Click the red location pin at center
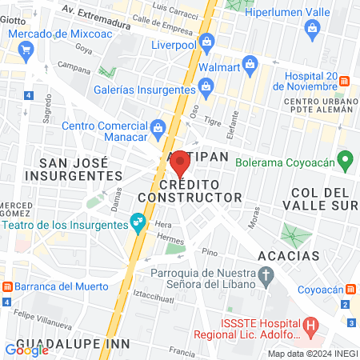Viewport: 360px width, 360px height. pos(180,162)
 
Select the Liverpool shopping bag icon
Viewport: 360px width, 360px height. pos(206,40)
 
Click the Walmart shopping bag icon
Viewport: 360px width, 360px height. pos(250,62)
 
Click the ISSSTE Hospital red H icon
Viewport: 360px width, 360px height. pos(312,326)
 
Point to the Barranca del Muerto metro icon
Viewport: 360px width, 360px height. pos(7,286)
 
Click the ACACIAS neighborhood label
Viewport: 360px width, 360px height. pos(289,256)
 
